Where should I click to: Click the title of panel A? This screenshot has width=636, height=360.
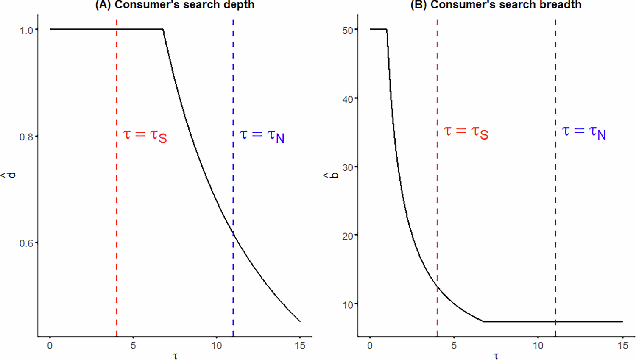point(175,5)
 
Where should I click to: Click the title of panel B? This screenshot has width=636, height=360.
point(496,5)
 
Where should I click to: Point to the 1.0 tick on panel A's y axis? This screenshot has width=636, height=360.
point(26,30)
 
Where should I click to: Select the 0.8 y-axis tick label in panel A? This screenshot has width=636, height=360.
point(26,137)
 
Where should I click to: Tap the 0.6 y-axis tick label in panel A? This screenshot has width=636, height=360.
point(26,243)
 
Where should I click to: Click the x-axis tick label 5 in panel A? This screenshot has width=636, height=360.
point(133,346)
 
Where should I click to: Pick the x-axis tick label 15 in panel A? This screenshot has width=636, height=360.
point(300,346)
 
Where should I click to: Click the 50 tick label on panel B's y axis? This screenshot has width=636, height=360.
point(348,30)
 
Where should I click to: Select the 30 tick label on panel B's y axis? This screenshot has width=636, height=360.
point(348,167)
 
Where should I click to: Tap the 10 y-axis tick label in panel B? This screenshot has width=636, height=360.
point(348,305)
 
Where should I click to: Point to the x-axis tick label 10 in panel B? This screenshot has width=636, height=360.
point(538,346)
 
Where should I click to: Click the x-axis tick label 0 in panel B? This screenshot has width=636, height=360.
point(370,346)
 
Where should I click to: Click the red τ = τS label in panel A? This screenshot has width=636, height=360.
point(145,135)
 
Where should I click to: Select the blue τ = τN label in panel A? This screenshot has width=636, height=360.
point(262,135)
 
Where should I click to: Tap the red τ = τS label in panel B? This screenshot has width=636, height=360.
point(466,132)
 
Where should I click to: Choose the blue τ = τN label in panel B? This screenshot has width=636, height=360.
point(583,132)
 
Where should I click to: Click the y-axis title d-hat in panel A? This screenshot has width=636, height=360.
point(11,175)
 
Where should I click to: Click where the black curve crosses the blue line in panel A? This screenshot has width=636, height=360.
point(233,232)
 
